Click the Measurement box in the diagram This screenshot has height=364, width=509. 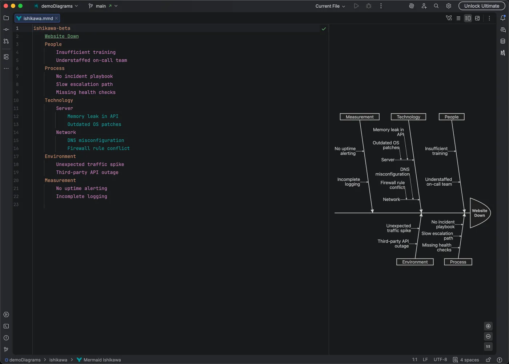point(360,117)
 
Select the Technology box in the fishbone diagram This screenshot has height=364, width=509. point(408,117)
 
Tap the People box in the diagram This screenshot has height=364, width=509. point(452,117)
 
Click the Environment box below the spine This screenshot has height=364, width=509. point(415,262)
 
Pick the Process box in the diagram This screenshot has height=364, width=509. point(458,262)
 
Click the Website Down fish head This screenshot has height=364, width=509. point(479,213)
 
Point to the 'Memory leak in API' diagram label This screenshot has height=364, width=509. point(388,132)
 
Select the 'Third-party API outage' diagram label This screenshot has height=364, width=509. point(393,244)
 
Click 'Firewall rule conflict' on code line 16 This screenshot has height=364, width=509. point(98,149)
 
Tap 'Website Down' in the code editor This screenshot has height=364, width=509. point(61,36)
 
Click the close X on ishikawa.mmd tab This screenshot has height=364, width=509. point(56,18)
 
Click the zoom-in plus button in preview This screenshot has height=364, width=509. point(488,326)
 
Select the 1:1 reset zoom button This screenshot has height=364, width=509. point(488,347)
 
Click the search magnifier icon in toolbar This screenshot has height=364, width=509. point(436,6)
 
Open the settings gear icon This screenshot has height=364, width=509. point(449,6)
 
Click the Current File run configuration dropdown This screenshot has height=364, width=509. point(330,6)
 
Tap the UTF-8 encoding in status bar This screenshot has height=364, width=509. point(440,360)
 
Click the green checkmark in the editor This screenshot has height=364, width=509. point(324,29)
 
